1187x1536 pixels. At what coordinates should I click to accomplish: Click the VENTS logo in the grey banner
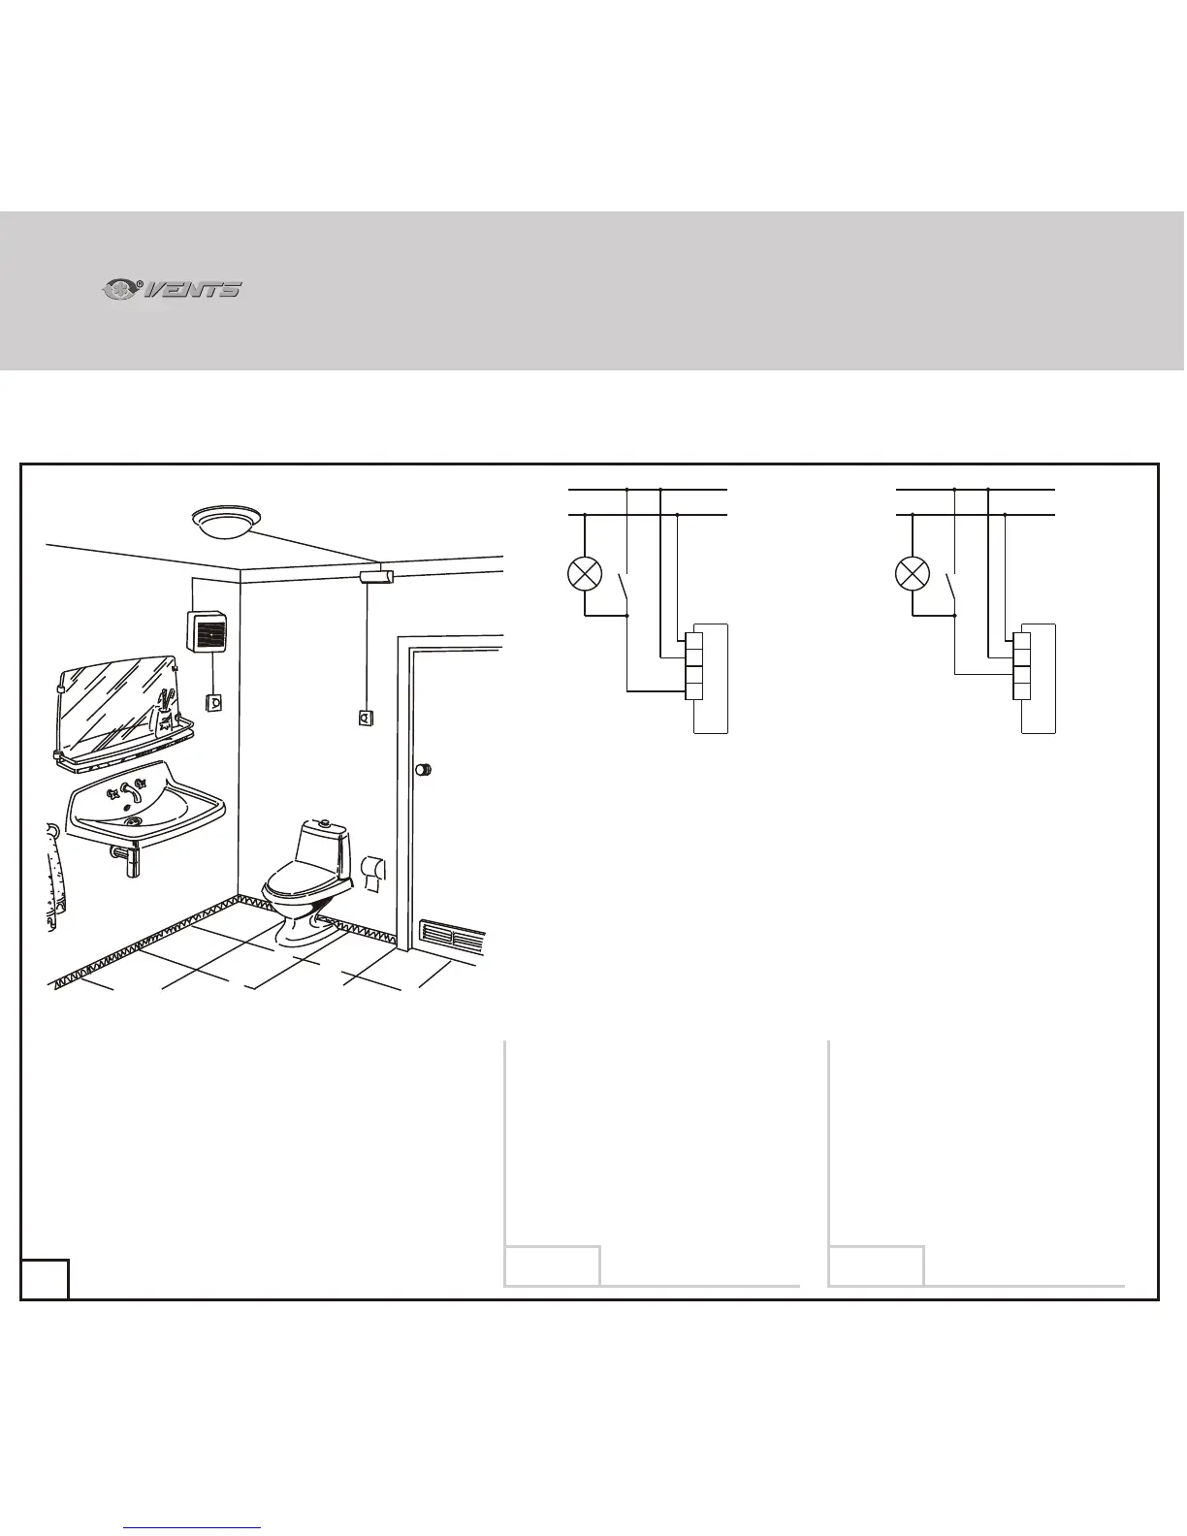[x=173, y=289]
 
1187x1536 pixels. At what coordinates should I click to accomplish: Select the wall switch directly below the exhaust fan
[x=213, y=701]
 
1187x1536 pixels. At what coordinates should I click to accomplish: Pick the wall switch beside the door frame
[x=367, y=719]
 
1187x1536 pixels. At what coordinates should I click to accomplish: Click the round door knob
[x=424, y=770]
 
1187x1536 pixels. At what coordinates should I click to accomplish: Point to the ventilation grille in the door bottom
[x=451, y=938]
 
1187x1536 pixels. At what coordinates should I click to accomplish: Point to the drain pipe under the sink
[x=129, y=859]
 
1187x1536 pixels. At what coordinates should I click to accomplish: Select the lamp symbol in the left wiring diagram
[x=585, y=573]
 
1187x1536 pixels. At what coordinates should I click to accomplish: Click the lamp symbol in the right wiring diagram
[x=913, y=573]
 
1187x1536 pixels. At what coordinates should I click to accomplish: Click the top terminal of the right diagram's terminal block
[x=1021, y=641]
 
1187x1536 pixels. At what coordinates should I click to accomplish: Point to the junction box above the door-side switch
[x=374, y=578]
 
